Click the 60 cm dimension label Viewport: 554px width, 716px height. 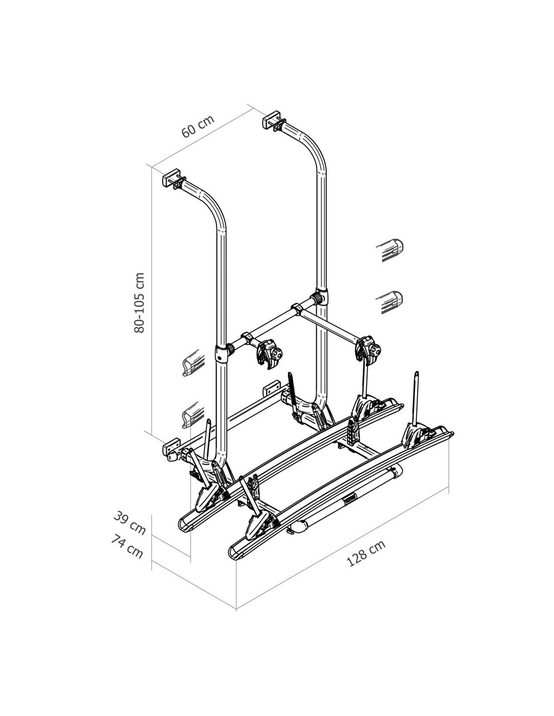[x=198, y=126]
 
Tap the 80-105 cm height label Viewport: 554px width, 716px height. [x=140, y=303]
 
